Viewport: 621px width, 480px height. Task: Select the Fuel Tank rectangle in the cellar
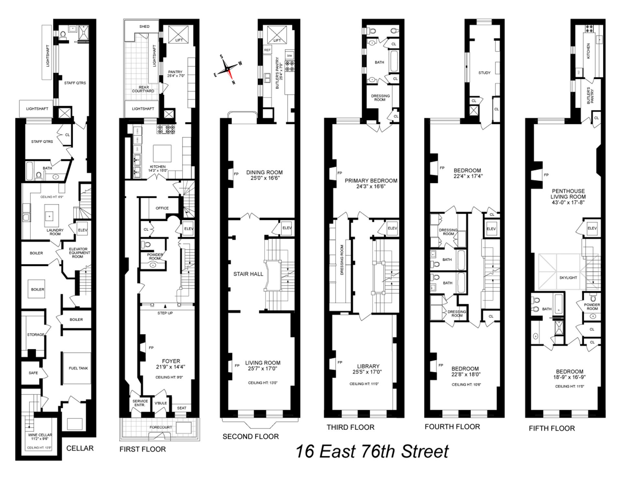pos(78,368)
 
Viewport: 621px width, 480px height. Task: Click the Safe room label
pos(33,373)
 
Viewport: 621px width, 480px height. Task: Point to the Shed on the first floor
pos(144,27)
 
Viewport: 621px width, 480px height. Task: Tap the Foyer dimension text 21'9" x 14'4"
pos(171,367)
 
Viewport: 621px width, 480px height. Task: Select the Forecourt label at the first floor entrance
pos(161,427)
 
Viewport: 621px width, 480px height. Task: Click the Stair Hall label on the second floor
pos(248,274)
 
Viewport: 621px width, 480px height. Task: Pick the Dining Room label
pos(264,172)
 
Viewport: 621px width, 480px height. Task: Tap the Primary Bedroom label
pos(371,181)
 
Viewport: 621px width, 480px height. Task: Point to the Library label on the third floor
pos(368,366)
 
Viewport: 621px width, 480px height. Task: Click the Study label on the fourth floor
pos(484,73)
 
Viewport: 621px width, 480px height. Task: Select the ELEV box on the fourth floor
pos(491,229)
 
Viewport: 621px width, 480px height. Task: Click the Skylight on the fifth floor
pos(568,278)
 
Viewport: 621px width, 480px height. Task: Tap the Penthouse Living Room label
pos(568,194)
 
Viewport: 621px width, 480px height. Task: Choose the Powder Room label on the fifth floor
pos(592,307)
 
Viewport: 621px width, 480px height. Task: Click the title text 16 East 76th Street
pos(372,452)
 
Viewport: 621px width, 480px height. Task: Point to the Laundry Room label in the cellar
pos(55,232)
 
